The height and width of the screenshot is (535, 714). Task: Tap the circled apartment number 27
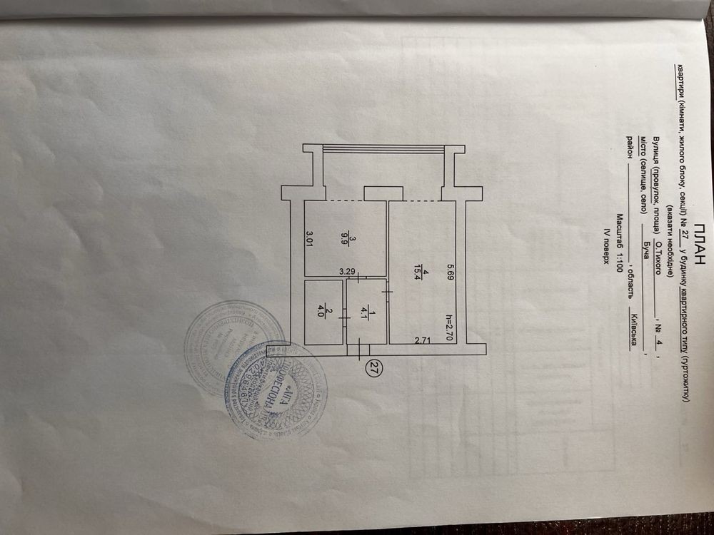(372, 368)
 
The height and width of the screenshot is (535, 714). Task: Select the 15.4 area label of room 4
(424, 275)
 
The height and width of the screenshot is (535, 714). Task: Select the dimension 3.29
(348, 271)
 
